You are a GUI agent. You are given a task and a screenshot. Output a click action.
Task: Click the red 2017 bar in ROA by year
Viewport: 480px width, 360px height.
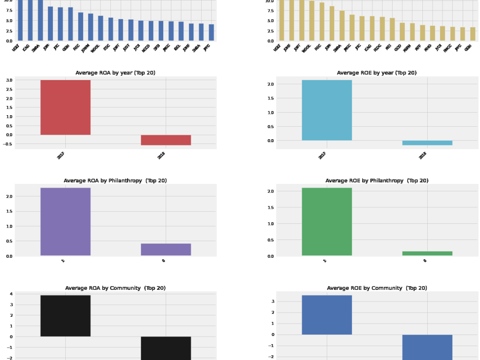[65, 107]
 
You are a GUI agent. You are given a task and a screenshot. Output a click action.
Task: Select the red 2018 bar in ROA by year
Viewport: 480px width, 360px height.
[166, 140]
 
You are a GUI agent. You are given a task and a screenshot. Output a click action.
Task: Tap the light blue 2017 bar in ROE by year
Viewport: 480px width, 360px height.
[327, 110]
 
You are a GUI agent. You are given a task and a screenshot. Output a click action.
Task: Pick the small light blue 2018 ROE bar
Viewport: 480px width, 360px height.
[427, 143]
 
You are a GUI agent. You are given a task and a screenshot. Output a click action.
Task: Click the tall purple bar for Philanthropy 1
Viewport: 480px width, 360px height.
[65, 221]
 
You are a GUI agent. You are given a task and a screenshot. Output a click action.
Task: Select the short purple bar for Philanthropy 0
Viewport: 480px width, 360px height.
[166, 249]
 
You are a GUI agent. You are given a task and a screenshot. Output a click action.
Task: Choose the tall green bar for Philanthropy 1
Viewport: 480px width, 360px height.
[327, 221]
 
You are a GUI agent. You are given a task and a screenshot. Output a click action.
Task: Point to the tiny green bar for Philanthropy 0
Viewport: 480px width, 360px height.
[427, 253]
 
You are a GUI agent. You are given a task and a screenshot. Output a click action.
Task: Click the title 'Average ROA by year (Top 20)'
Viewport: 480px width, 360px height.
[115, 73]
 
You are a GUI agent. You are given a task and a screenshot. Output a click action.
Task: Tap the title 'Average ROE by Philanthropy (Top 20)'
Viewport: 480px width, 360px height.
[377, 180]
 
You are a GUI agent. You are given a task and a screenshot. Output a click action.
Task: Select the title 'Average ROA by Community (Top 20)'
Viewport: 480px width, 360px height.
[115, 288]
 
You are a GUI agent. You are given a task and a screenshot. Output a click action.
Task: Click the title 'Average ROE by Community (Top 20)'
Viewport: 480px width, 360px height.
[377, 288]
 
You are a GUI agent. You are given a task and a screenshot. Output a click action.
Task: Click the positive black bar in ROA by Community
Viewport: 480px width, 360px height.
[65, 315]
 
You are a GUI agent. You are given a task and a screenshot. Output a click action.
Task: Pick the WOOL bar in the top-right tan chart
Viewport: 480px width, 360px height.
[312, 21]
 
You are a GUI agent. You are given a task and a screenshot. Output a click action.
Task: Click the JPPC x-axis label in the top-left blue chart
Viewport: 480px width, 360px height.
[207, 48]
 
